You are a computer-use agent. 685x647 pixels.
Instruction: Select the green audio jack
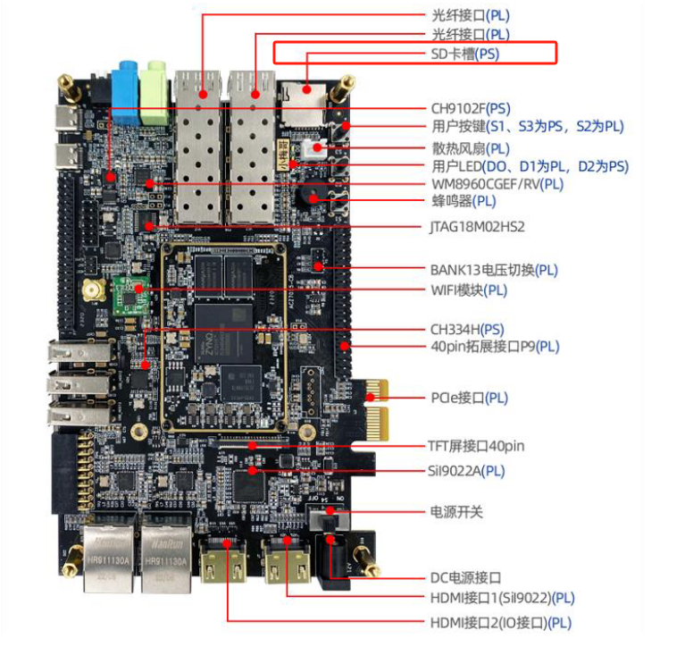tap(157, 81)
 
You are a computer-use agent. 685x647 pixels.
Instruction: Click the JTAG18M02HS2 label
tap(478, 226)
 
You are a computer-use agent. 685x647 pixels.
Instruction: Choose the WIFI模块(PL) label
tap(469, 290)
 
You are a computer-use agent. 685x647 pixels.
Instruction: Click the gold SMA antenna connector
tap(90, 290)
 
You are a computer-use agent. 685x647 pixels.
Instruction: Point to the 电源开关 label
tap(457, 513)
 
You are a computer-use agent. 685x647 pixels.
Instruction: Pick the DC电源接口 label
tap(466, 577)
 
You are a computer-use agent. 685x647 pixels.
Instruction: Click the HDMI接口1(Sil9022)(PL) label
tap(503, 597)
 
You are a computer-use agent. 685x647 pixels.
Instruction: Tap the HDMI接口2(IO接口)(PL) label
tap(501, 622)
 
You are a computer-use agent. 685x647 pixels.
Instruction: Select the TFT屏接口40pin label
tap(477, 446)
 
